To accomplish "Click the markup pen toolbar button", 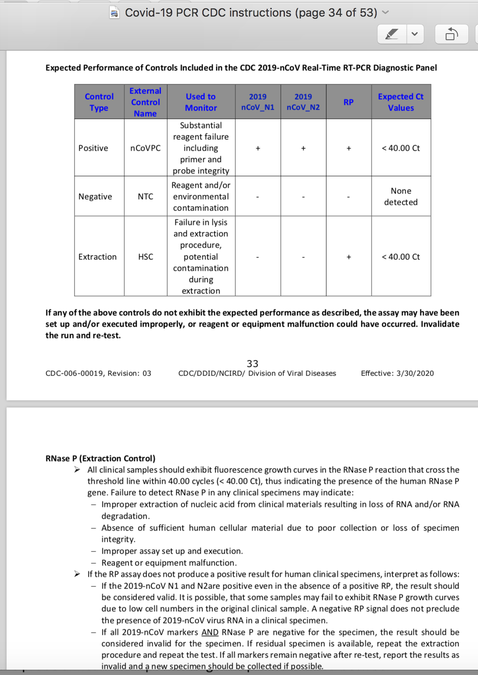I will pos(392,34).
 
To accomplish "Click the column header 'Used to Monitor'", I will pos(201,102).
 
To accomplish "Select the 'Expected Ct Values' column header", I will pos(401,102).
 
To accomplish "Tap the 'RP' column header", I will pos(348,102).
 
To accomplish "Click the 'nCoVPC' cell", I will pos(145,148).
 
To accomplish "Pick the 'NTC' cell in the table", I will pos(145,196).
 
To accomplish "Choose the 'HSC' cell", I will pos(145,257).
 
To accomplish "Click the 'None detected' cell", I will pos(401,196).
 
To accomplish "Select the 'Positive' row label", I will pos(93,148).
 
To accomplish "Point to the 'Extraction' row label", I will pos(97,257).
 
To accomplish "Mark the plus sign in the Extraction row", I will pos(349,257).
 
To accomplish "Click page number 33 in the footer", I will pos(253,364).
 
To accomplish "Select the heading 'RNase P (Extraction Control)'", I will pos(100,458).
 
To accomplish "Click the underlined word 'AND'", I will pos(210,632).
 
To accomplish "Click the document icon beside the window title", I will pos(114,13).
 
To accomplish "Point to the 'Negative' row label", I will pos(95,196).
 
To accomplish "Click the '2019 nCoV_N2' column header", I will pos(303,102).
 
